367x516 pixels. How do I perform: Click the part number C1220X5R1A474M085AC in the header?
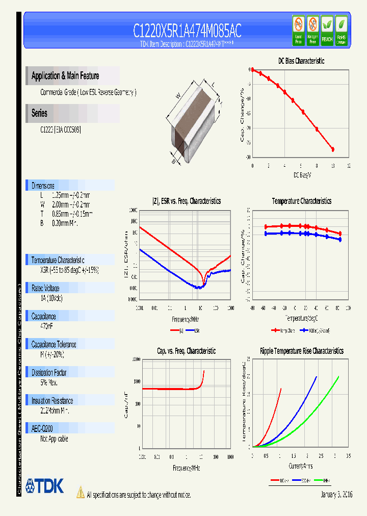187,31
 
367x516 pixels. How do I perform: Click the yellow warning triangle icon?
80,492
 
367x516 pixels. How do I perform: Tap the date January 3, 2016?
336,495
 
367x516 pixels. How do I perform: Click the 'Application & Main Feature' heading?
65,76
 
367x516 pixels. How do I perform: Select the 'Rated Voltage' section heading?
45,288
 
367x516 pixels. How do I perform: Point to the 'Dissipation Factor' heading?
49,373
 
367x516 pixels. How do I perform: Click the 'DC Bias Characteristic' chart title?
301,61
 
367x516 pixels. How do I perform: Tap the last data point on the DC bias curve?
333,149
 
